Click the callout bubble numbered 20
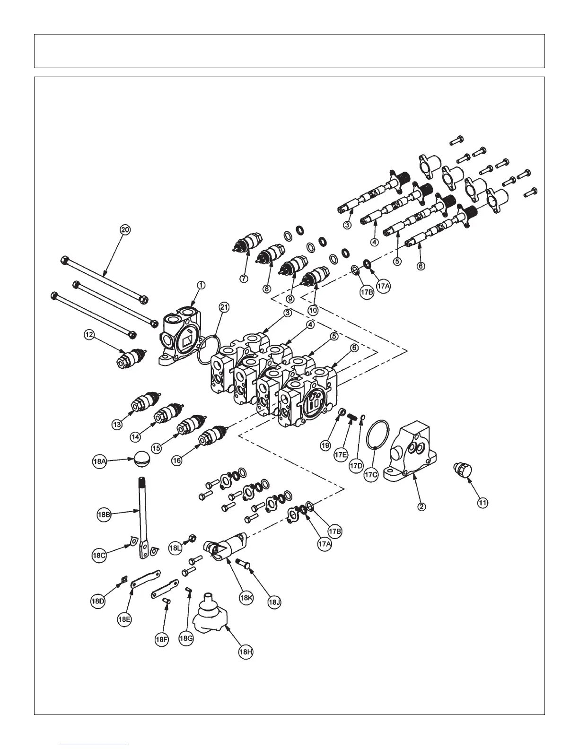coord(125,230)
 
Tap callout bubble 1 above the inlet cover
coord(201,285)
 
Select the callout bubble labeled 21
coord(224,307)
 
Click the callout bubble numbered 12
coord(89,335)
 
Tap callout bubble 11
coord(482,503)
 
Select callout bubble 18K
coord(246,598)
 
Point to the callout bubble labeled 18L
coord(175,548)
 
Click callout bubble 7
coord(244,279)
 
